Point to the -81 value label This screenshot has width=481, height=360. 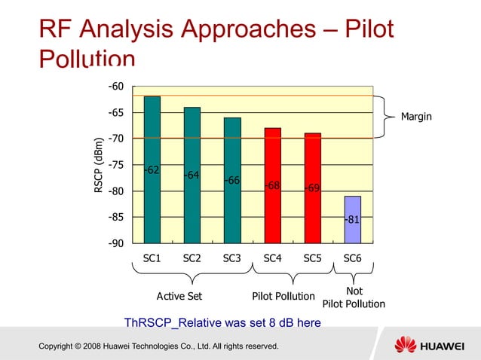pos(352,220)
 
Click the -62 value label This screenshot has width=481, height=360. pos(152,170)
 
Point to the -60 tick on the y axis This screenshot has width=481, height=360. pos(115,87)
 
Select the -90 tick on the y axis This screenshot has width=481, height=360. pos(115,244)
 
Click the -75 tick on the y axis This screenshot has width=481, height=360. pos(115,165)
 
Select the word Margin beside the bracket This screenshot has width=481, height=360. pos(416,117)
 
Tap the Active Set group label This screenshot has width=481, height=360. pos(179,296)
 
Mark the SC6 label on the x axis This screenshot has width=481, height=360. pos(352,258)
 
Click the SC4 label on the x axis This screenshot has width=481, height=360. pos(272,258)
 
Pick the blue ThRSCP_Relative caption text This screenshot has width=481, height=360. pos(222,323)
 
